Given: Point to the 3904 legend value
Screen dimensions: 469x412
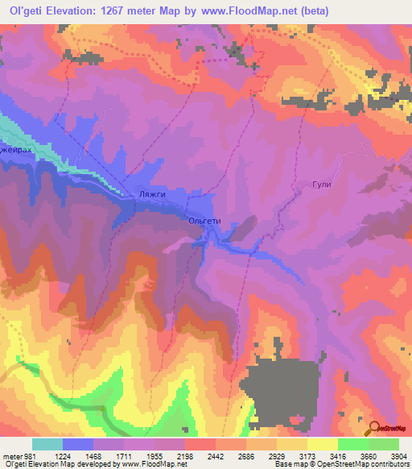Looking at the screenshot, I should pos(398,457).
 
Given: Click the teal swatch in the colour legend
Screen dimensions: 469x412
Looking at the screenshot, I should pos(47,444).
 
